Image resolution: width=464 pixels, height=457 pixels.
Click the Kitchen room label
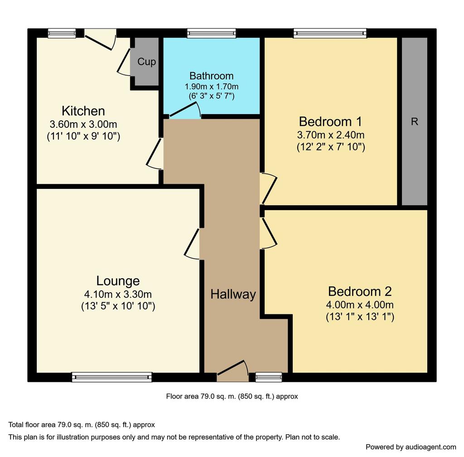pyautogui.click(x=83, y=111)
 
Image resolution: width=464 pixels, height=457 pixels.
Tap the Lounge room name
pyautogui.click(x=118, y=281)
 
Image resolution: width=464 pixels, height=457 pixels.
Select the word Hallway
pyautogui.click(x=233, y=294)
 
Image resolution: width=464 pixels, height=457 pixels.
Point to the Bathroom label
pyautogui.click(x=211, y=76)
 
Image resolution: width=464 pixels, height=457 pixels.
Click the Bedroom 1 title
pyautogui.click(x=330, y=121)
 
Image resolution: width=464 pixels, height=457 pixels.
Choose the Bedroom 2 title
pyautogui.click(x=360, y=292)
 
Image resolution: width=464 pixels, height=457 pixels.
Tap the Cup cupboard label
pyautogui.click(x=146, y=62)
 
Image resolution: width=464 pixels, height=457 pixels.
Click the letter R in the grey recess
pyautogui.click(x=415, y=121)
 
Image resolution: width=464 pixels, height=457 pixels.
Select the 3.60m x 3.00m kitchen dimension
pyautogui.click(x=83, y=124)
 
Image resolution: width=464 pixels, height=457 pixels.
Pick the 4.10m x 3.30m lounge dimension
pyautogui.click(x=118, y=294)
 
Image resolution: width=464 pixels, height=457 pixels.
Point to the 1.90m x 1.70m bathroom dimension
pyautogui.click(x=211, y=87)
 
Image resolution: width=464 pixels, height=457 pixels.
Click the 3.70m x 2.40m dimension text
pyautogui.click(x=330, y=135)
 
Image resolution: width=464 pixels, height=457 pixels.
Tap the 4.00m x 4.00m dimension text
pyautogui.click(x=360, y=305)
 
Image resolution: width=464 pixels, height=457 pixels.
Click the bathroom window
pyautogui.click(x=212, y=33)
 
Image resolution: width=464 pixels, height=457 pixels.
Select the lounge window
pyautogui.click(x=112, y=377)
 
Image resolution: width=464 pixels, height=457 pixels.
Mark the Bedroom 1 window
pyautogui.click(x=330, y=33)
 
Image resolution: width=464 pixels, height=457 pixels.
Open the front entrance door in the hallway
pyautogui.click(x=233, y=371)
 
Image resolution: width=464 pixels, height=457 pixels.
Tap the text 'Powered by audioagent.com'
pyautogui.click(x=411, y=447)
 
